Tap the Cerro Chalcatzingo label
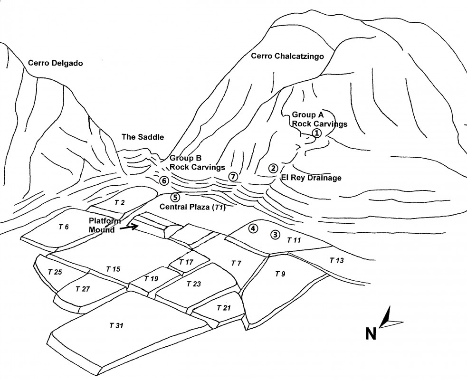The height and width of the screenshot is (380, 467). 287,56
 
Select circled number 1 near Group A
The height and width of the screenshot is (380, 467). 317,133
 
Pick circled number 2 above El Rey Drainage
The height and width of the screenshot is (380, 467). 273,168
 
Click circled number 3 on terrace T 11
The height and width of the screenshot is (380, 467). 274,234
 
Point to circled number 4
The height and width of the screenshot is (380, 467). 253,228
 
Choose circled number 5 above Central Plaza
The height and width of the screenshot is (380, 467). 175,197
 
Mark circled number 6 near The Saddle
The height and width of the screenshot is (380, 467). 164,180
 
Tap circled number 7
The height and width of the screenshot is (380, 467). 233,177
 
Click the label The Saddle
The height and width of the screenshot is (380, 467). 143,137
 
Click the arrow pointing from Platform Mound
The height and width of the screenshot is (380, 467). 127,228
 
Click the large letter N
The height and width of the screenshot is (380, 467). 371,333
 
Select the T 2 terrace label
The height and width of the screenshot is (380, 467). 120,203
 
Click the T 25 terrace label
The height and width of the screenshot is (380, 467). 55,272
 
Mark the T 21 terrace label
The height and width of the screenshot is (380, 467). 223,308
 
